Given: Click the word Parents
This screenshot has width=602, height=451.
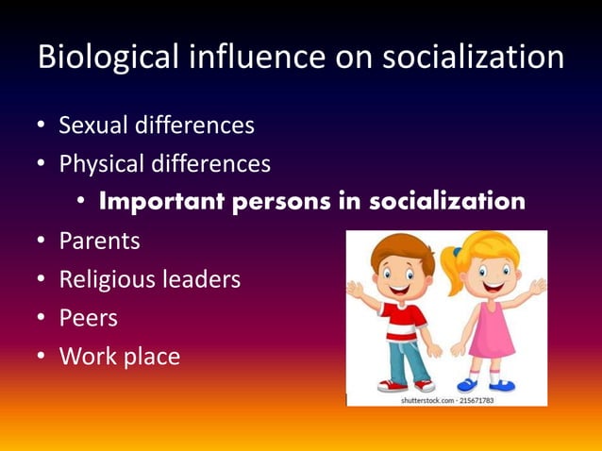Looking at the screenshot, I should tap(99, 242).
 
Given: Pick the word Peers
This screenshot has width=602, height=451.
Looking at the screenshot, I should tap(88, 319).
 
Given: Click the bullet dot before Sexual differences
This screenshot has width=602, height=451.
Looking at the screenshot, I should tap(42, 125).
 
